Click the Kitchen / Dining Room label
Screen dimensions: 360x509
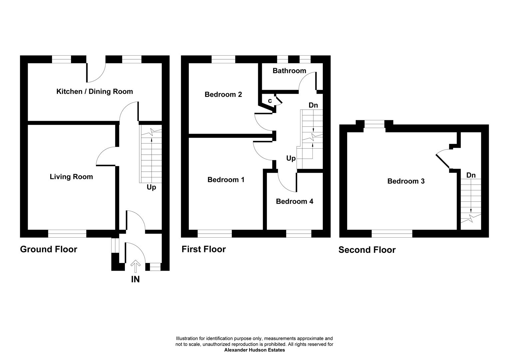[95, 91]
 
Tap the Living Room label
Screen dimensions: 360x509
[71, 177]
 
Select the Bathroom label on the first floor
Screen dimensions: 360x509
[289, 71]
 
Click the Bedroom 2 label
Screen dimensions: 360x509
[223, 94]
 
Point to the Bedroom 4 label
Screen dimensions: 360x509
[294, 201]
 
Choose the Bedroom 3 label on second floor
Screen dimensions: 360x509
[406, 181]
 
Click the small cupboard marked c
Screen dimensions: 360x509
[270, 100]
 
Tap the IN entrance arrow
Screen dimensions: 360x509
[135, 267]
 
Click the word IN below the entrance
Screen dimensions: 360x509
[135, 279]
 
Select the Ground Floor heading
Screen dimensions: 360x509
[49, 249]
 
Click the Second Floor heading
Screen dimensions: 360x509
[367, 250]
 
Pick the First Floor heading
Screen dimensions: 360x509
[204, 249]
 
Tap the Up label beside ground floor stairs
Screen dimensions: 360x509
[151, 187]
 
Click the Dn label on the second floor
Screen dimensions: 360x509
[471, 175]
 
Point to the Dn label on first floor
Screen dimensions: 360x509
[313, 105]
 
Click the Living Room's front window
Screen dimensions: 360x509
[67, 234]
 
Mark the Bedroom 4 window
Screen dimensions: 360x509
[298, 234]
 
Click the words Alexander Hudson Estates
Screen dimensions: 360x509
[254, 350]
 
